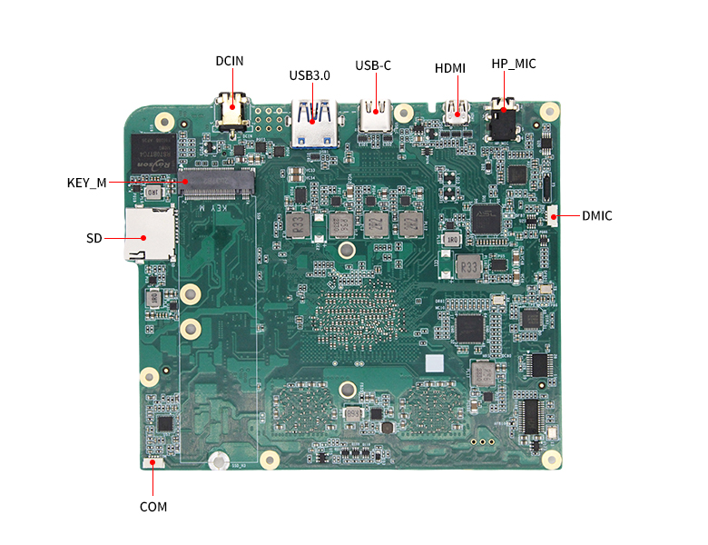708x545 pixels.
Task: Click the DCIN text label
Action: (x=230, y=62)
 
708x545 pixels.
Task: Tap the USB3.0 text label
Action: (x=310, y=75)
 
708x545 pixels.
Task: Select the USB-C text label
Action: (x=373, y=65)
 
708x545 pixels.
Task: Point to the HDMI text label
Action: (x=450, y=68)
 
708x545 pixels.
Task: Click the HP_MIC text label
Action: (x=514, y=64)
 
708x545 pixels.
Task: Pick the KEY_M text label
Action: (x=86, y=183)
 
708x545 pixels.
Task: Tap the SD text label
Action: (x=94, y=238)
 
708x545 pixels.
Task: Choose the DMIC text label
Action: (x=597, y=216)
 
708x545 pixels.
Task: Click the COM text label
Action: (x=153, y=507)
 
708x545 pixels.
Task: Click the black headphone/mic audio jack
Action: (x=502, y=121)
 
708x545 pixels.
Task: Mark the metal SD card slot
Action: (x=149, y=234)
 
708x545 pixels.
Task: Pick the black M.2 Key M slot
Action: (x=218, y=184)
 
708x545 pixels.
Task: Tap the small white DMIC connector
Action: (x=553, y=216)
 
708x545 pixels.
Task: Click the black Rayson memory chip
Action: (x=151, y=152)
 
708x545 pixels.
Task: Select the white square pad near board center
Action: (x=435, y=363)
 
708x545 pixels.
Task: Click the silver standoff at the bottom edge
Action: (x=217, y=461)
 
